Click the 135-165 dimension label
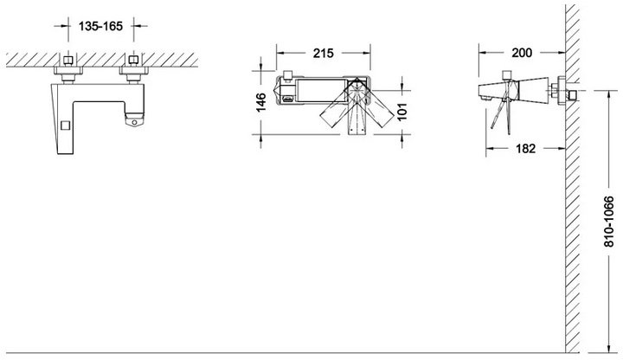tap(100, 26)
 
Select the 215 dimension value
tap(323, 54)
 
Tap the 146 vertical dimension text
tap(260, 102)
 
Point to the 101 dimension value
tap(402, 112)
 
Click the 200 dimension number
tap(522, 53)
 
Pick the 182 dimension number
tap(526, 149)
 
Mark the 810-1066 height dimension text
tap(608, 221)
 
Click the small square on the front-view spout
tap(65, 125)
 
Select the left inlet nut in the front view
tap(68, 61)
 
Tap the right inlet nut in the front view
tap(133, 60)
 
